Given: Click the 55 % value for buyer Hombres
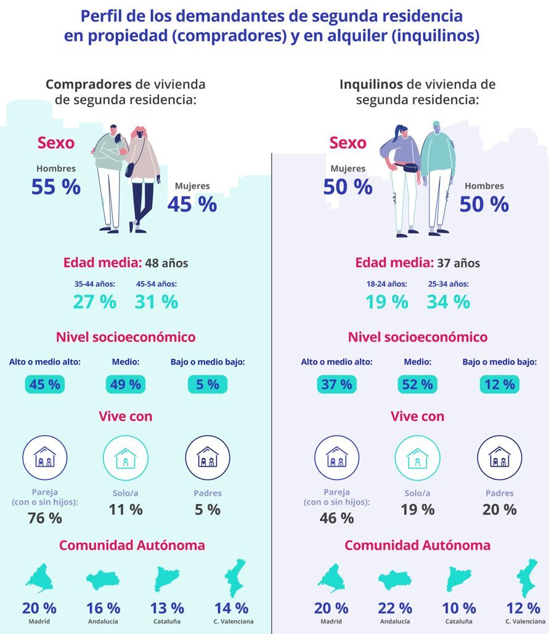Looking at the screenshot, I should click(56, 187).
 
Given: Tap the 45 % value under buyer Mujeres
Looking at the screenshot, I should click(192, 204).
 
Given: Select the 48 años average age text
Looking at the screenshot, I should click(166, 263).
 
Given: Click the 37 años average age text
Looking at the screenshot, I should click(458, 263).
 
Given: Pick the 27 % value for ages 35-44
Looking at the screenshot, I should click(94, 302).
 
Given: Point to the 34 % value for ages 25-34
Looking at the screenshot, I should click(448, 302).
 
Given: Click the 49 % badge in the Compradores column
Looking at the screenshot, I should click(125, 385).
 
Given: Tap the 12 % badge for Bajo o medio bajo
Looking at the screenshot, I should click(499, 385).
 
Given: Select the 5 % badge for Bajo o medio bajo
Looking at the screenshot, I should click(207, 385).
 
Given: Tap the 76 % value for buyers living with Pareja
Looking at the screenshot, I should click(45, 518).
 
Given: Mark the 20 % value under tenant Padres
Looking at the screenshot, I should click(500, 510).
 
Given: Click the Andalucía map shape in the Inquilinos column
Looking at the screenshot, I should click(394, 580).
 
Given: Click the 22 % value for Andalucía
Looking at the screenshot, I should click(395, 608).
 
